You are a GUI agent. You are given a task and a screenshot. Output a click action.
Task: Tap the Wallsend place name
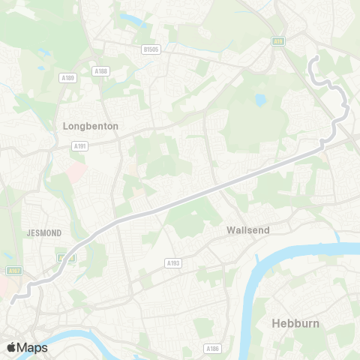(248, 231)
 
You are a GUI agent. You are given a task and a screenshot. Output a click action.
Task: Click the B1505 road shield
(151, 49)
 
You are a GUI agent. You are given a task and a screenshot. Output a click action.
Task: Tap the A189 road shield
(67, 76)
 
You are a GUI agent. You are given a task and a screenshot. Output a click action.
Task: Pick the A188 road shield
(100, 70)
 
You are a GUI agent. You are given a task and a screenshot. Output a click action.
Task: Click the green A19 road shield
(278, 43)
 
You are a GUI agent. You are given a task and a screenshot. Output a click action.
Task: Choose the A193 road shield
(173, 262)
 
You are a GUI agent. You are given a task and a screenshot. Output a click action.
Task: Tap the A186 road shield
(211, 349)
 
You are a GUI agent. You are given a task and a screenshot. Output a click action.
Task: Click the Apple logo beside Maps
(11, 347)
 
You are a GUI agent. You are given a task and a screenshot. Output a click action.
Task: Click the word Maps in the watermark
(33, 347)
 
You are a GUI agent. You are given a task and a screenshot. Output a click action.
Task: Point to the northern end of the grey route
(317, 58)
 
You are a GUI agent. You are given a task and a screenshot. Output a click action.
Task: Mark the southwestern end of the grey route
(12, 302)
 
